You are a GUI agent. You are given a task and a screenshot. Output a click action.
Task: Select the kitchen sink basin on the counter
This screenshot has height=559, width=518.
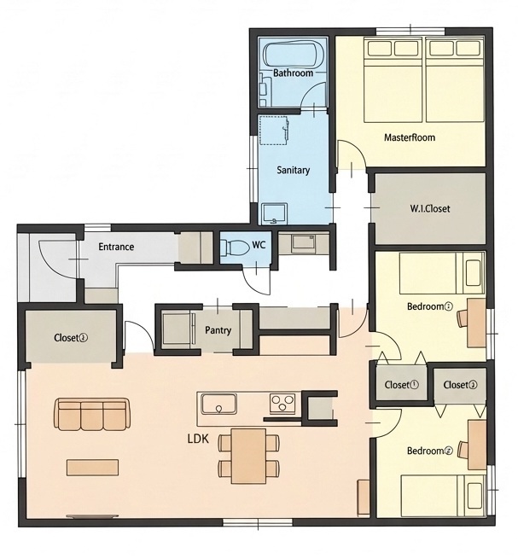[218, 403]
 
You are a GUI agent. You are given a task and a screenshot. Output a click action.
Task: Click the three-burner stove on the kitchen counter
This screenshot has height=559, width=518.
[282, 403]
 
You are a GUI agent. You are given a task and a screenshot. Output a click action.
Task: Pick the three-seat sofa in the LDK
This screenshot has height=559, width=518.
[92, 414]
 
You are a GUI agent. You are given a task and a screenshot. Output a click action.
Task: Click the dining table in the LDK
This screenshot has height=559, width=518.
[248, 456]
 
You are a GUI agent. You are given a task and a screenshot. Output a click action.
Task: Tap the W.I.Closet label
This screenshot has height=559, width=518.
[430, 208]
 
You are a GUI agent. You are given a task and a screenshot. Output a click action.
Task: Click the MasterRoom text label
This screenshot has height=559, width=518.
[410, 137]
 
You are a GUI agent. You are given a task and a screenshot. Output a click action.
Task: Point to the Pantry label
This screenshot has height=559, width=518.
[218, 330]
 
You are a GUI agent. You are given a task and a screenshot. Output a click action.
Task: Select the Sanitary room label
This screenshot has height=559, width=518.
[293, 170]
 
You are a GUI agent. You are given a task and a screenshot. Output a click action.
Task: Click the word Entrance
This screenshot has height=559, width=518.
[116, 247]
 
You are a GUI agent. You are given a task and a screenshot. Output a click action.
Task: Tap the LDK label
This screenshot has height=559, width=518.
[198, 439]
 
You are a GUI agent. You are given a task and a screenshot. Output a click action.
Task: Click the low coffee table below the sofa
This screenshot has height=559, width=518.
[93, 467]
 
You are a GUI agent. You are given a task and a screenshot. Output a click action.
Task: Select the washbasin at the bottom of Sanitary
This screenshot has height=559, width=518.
[275, 213]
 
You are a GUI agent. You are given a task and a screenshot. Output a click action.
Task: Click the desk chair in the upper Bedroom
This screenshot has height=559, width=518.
[463, 317]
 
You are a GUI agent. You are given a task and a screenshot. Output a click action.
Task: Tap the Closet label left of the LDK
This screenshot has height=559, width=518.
[71, 337]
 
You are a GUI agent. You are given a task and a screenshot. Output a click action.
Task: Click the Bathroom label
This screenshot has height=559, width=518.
[293, 73]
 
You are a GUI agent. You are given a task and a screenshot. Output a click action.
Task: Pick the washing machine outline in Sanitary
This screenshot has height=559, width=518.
[273, 130]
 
